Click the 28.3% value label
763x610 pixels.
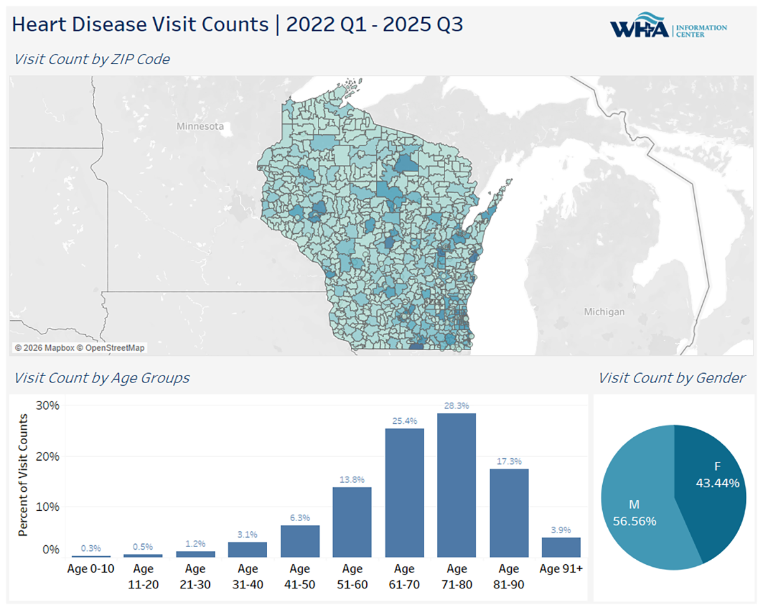457,405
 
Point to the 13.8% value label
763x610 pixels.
352,479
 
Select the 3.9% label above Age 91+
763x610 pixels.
561,529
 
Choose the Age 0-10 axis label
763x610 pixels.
91,569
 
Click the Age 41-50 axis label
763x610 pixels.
299,576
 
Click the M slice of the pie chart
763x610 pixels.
636,508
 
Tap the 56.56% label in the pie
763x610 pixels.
635,521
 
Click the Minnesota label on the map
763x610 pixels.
200,126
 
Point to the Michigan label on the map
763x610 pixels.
604,312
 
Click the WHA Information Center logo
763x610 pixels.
668,28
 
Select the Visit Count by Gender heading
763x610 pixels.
671,378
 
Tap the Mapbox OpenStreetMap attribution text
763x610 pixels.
79,348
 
